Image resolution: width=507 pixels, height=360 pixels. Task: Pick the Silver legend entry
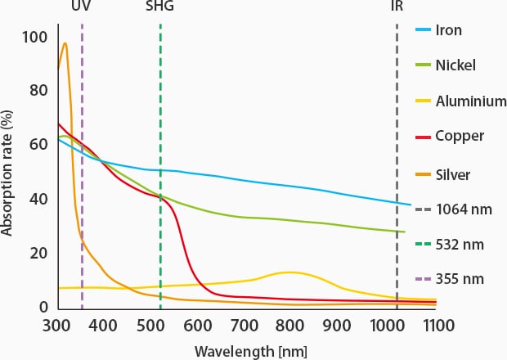451,173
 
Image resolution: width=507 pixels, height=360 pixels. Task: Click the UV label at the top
82,7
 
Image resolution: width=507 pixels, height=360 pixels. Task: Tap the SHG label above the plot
159,7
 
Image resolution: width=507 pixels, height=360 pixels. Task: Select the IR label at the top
397,7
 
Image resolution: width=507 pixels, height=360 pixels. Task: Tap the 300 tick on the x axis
56,326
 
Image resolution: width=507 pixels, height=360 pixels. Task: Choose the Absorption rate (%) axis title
8,172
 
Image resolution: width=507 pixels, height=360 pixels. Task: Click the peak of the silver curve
65,43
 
